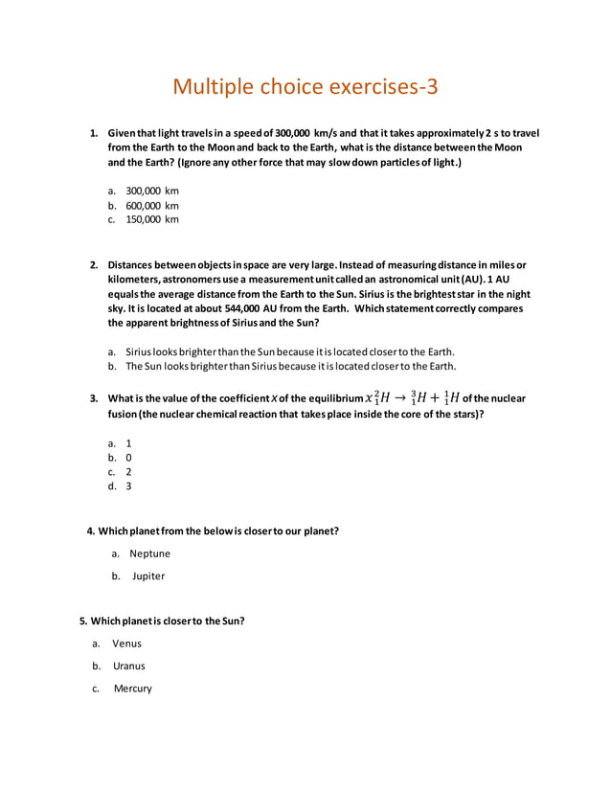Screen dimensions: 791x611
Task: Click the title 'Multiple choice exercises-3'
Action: point(305,86)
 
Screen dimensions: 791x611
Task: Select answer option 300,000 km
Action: point(152,191)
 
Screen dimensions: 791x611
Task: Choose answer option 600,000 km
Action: point(152,205)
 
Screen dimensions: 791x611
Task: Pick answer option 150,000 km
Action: point(152,219)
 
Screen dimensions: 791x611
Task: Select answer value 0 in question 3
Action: point(129,458)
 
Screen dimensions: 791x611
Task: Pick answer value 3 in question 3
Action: point(129,486)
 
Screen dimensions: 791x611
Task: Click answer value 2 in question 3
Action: point(129,472)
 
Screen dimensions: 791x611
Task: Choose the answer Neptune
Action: point(149,554)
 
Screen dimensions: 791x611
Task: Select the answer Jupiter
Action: point(147,576)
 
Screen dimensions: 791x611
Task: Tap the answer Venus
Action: point(126,644)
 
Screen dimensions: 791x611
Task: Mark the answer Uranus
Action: point(128,666)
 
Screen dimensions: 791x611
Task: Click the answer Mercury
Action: point(132,689)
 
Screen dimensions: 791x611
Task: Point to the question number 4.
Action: point(91,531)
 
